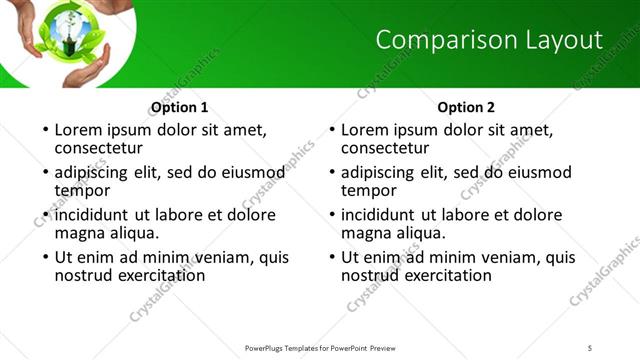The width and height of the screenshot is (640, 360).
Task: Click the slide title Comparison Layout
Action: pos(489,40)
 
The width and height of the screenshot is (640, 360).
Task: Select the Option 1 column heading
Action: pos(180,107)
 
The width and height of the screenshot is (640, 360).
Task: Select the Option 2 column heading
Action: pos(467,107)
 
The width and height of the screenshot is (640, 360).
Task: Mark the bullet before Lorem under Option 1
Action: pos(44,130)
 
